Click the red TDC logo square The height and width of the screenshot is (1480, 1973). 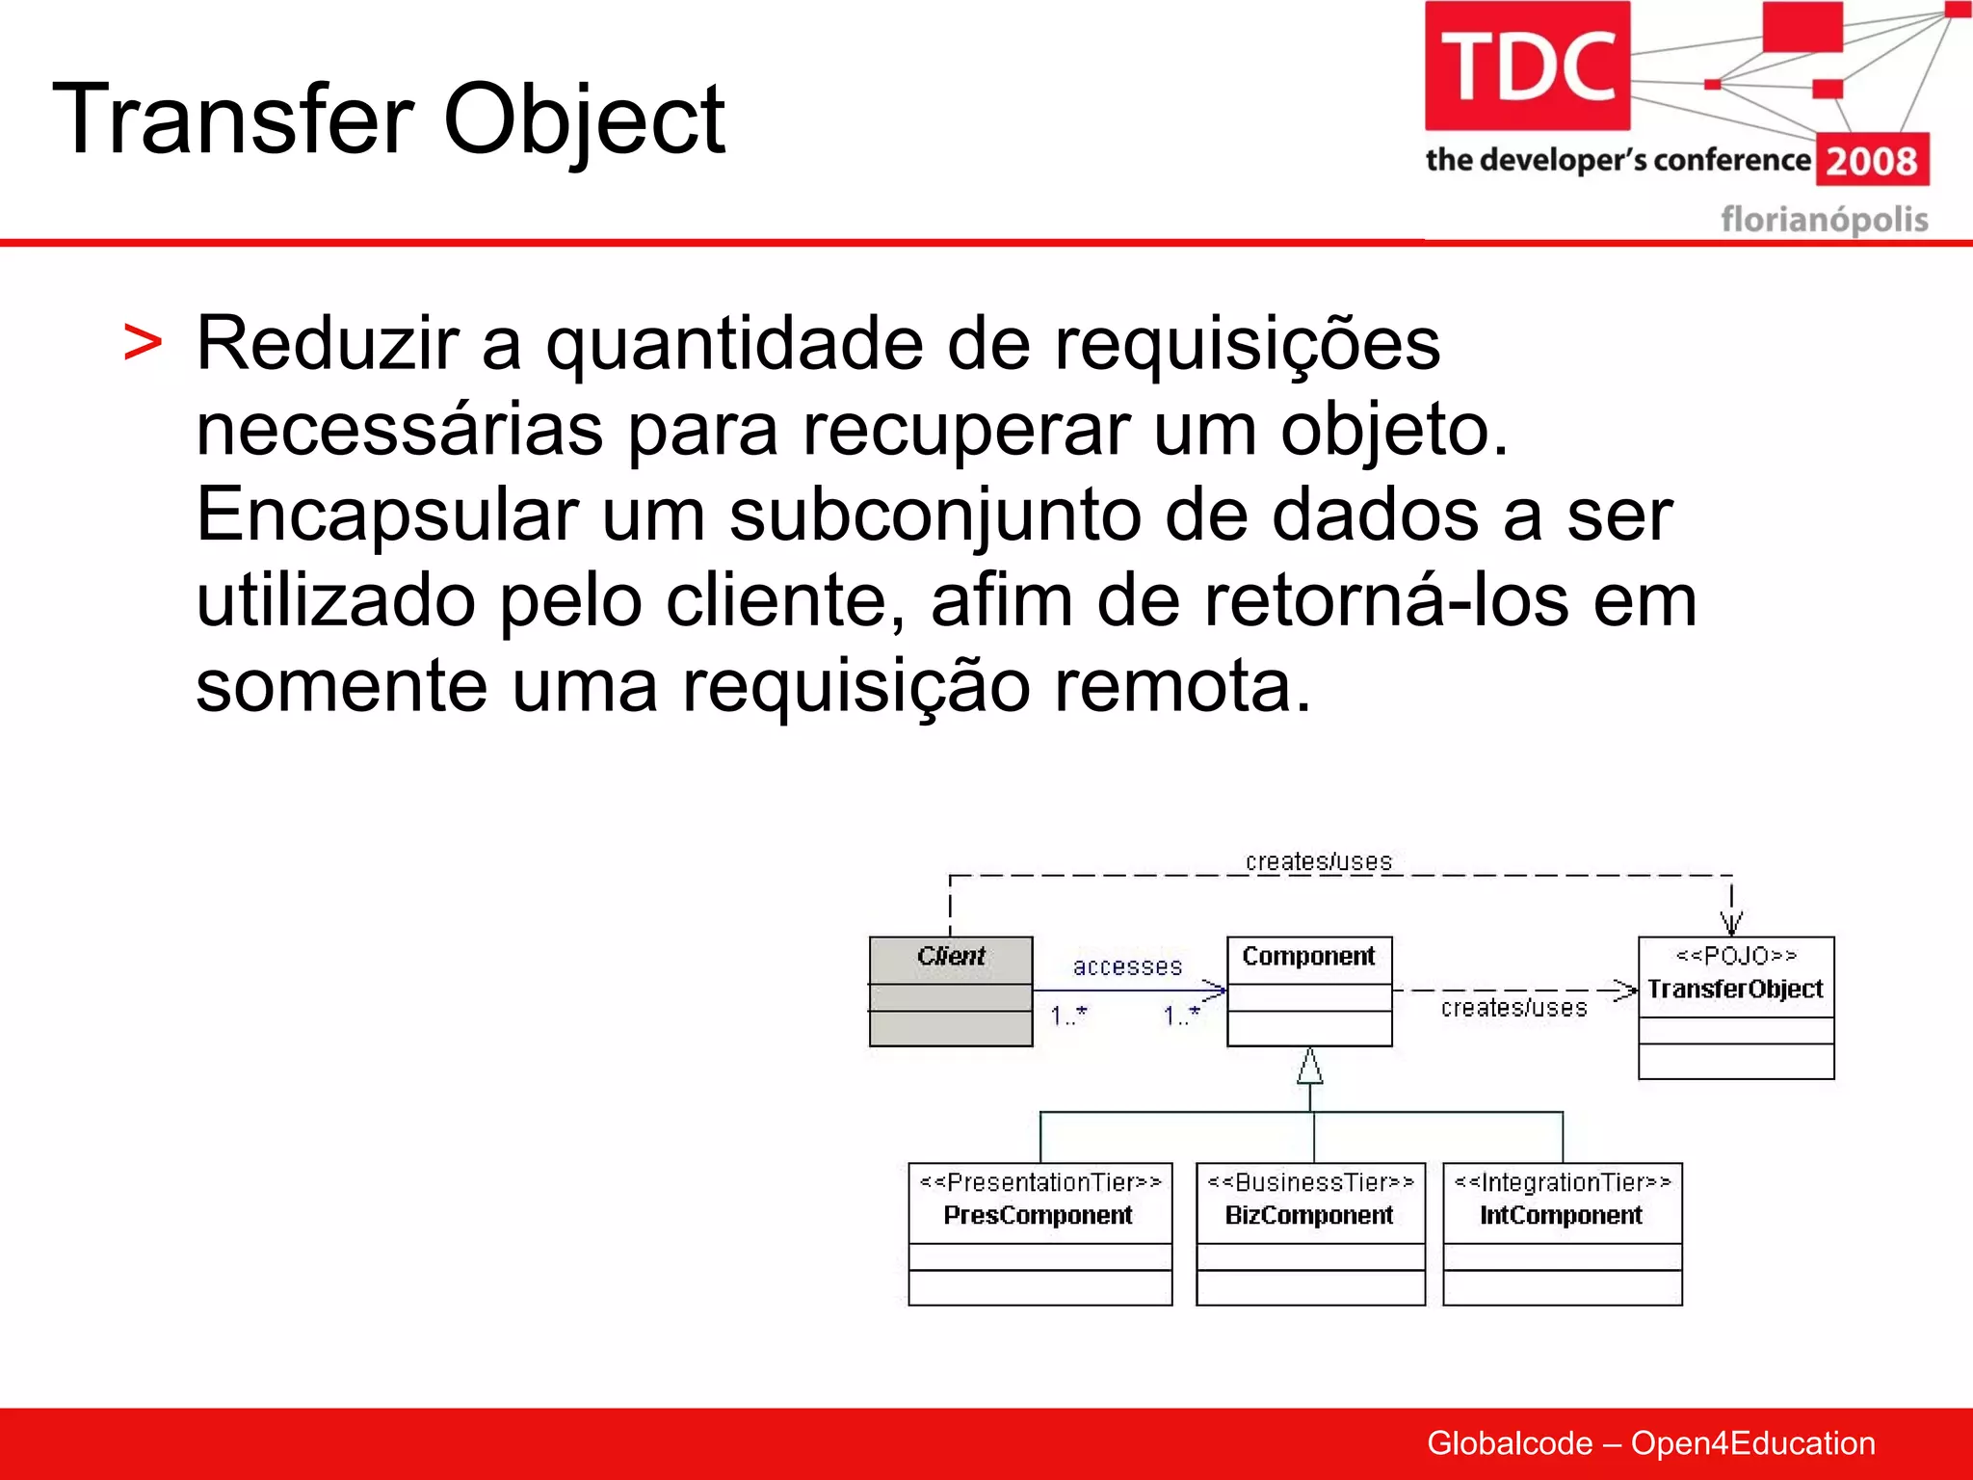coord(1527,66)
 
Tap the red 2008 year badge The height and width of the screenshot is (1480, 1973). coord(1872,160)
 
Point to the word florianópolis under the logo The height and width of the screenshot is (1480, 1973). coord(1824,219)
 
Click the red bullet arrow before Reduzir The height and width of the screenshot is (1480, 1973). coord(143,344)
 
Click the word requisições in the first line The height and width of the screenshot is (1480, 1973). coord(1247,343)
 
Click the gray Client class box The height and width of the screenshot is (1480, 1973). coord(951,991)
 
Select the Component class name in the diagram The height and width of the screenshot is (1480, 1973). coord(1308,956)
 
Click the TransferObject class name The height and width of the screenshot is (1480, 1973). coord(1734,989)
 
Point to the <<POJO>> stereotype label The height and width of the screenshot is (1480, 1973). coord(1736,955)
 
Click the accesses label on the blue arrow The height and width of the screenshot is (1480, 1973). coord(1127,966)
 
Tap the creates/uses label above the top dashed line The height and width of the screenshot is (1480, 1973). coord(1318,861)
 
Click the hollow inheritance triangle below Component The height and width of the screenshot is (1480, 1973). coord(1309,1066)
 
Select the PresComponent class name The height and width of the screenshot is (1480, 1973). coord(1038,1215)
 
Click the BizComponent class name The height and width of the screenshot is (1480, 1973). coord(1308,1215)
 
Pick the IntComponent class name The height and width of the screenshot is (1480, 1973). coord(1561,1215)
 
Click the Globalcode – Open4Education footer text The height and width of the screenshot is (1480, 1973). coord(1650,1442)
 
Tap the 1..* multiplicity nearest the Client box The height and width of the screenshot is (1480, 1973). coord(1068,1016)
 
